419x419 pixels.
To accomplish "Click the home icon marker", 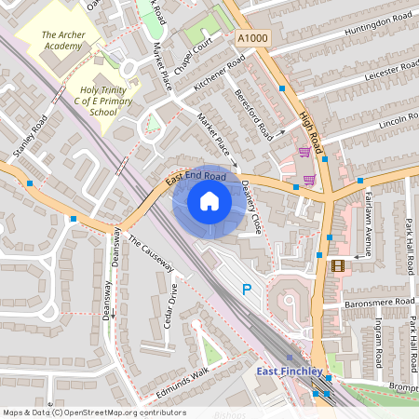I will point(209,200).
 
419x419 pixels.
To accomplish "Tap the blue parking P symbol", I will point(247,290).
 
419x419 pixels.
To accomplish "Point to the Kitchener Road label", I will point(219,73).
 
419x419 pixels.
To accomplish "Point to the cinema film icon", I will point(338,264).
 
